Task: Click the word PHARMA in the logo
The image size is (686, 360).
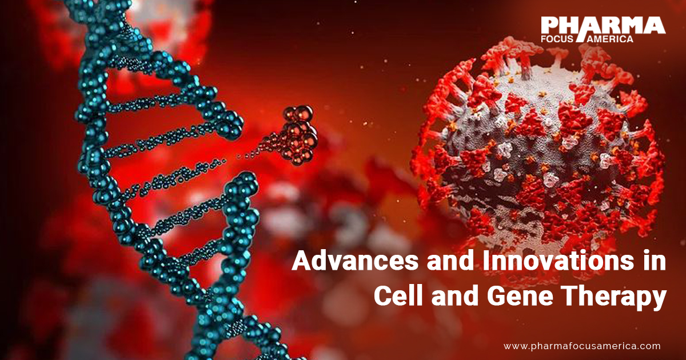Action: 603,26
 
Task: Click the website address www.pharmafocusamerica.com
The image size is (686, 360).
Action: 582,346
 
